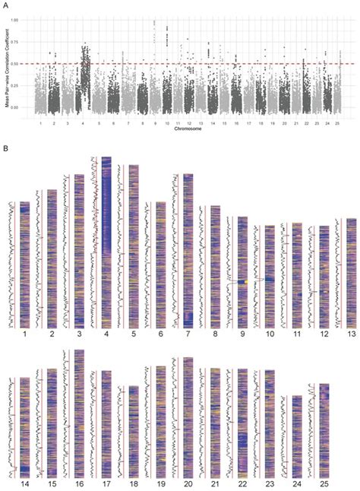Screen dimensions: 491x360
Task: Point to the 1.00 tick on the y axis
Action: [x=18, y=21]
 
